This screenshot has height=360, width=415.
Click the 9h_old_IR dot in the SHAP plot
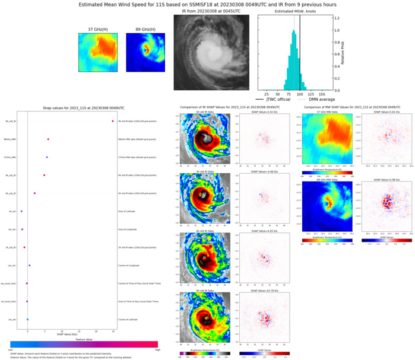click(x=112, y=121)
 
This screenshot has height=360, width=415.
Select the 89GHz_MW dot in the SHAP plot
click(x=48, y=139)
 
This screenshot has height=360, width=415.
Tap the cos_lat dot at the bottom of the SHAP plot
click(x=27, y=320)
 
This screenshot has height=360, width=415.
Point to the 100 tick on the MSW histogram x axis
click(x=300, y=94)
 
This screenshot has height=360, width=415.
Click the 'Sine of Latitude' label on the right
click(x=128, y=211)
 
